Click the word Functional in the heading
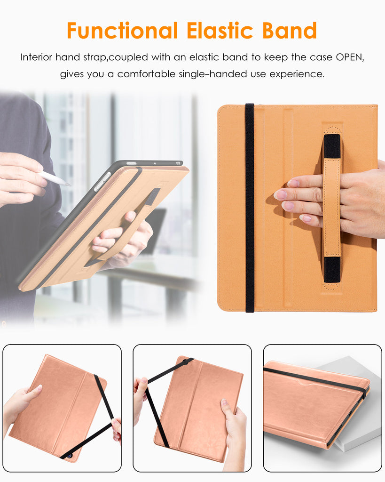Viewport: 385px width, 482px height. click(x=122, y=31)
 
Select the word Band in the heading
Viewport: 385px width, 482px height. click(x=290, y=31)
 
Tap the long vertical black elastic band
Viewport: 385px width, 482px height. click(x=250, y=208)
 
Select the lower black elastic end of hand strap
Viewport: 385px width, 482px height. click(x=332, y=270)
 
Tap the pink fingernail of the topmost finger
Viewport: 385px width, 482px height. click(x=293, y=183)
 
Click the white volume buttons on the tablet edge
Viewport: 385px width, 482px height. click(x=102, y=182)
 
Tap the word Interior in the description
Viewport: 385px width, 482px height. click(x=36, y=57)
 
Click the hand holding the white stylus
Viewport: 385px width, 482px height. click(x=22, y=178)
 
